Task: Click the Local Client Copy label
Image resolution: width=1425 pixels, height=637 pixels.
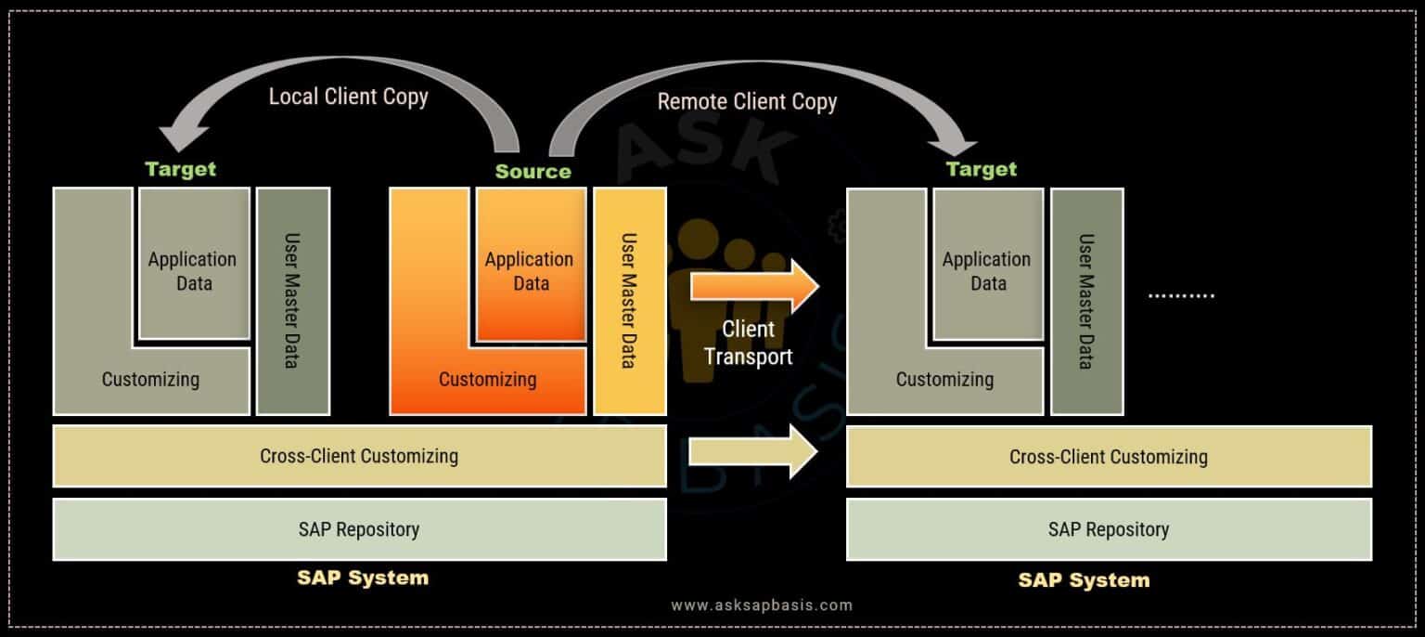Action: [348, 97]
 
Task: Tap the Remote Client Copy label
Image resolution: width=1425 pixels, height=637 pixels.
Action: [747, 102]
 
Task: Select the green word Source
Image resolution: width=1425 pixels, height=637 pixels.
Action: [533, 172]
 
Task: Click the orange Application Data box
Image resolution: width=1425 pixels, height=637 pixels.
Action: [531, 265]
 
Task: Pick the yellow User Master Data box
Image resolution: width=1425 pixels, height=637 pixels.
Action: [630, 301]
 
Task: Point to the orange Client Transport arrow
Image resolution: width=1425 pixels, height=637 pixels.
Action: [754, 286]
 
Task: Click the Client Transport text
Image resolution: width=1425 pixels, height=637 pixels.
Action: [748, 343]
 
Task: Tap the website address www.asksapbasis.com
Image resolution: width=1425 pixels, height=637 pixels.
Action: [762, 605]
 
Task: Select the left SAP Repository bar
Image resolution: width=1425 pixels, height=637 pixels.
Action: [359, 529]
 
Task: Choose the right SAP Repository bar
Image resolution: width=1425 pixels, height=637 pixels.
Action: [1109, 529]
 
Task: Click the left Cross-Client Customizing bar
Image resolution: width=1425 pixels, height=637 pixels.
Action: [359, 456]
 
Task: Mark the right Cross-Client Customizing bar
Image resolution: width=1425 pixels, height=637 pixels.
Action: [1109, 457]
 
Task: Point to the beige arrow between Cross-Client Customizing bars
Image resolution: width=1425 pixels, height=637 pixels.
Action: [753, 452]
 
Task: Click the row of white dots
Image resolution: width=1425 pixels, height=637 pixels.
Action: [1181, 295]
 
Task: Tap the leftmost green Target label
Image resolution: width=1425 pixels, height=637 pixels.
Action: [181, 169]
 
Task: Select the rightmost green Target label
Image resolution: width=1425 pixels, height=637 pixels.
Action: [981, 169]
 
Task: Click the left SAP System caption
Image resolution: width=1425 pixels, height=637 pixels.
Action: [363, 578]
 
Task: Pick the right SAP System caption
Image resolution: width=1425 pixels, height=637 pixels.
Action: [1084, 579]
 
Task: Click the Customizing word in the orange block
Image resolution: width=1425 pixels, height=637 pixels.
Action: [487, 380]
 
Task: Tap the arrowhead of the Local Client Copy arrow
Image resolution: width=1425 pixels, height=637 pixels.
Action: [182, 136]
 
